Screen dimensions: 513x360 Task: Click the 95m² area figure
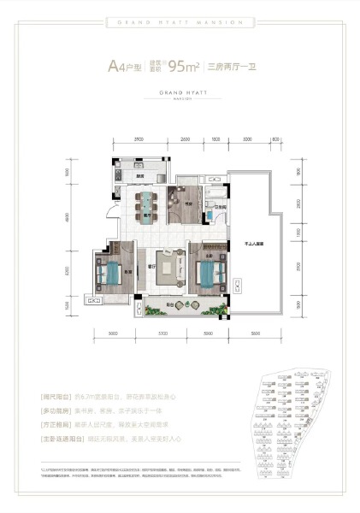coord(186,65)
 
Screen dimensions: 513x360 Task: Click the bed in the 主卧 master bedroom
coord(209,274)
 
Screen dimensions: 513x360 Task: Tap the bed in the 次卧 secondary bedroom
coord(109,274)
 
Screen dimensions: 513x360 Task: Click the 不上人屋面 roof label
coord(252,244)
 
